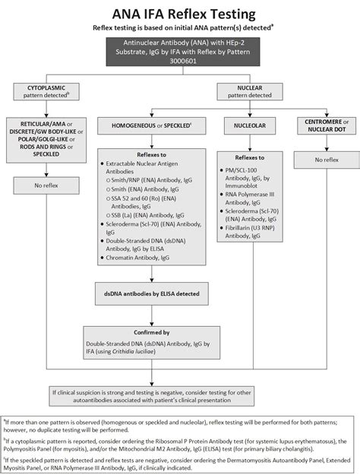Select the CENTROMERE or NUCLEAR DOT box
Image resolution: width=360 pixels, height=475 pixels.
tap(321, 124)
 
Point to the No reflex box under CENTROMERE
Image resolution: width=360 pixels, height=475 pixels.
tap(321, 159)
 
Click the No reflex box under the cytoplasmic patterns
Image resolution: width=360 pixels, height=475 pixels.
tap(49, 185)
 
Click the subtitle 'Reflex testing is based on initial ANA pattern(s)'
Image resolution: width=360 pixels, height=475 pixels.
tap(179, 27)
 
